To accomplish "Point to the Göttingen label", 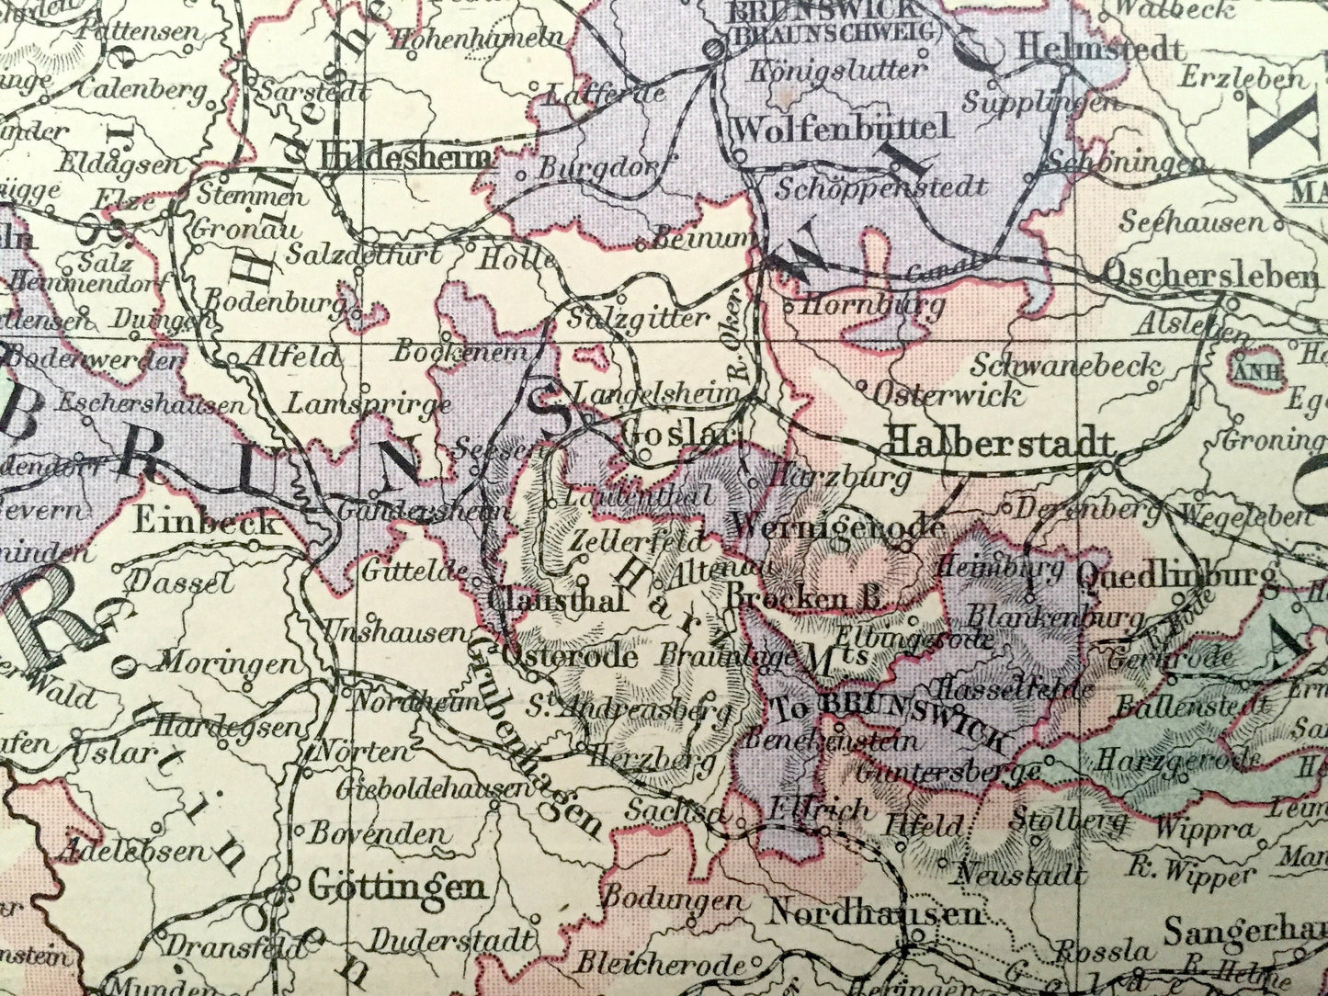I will coord(396,888).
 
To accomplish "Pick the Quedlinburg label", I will coord(1175,576).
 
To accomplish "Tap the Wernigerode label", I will coord(836,526).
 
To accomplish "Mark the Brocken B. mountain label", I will coord(804,598).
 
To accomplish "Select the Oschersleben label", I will coord(1209,274).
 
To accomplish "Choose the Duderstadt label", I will coord(451,939).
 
